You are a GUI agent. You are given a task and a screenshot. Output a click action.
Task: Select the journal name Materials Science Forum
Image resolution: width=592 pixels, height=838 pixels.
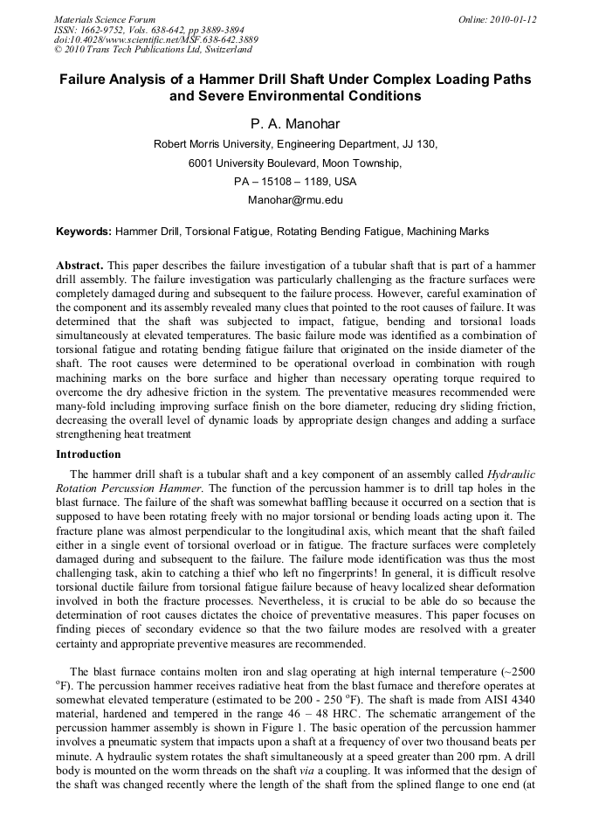[x=105, y=18]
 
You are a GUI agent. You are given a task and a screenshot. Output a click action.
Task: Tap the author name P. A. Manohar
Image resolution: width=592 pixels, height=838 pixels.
[x=295, y=124]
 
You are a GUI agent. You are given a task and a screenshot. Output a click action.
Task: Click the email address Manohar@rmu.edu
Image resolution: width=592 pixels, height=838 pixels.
[x=295, y=200]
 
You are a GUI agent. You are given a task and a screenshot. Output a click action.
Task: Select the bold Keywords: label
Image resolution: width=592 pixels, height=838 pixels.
[x=84, y=232]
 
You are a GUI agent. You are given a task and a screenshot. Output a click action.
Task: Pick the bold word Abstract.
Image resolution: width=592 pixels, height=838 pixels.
[x=79, y=265]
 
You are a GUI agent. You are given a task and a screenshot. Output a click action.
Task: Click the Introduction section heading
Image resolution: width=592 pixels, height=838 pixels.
[x=88, y=454]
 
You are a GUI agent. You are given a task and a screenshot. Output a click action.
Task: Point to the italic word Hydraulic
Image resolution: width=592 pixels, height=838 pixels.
[x=511, y=474]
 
